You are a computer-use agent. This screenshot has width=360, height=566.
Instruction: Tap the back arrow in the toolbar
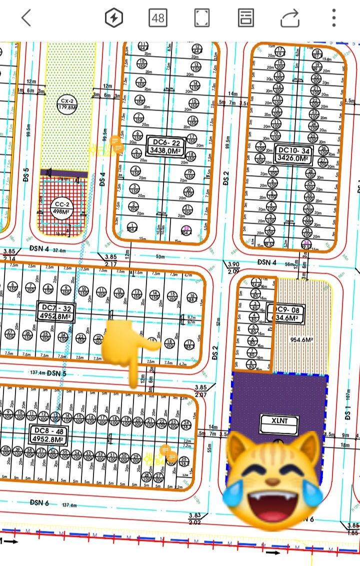coord(26,18)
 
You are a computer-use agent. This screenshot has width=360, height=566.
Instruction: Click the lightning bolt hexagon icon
coord(114,18)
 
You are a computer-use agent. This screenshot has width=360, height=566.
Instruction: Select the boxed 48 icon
coord(158,18)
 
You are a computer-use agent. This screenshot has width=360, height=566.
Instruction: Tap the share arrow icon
coord(289,18)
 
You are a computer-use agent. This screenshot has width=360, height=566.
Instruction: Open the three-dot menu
coord(333,18)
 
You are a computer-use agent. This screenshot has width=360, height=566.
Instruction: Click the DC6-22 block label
coord(163,147)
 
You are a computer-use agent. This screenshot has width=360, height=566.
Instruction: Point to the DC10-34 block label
coord(294,154)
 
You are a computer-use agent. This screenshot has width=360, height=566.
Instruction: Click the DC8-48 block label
coord(48,435)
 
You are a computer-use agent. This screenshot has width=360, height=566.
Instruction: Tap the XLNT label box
coord(278,424)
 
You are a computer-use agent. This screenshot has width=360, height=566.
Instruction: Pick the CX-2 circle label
coord(67,103)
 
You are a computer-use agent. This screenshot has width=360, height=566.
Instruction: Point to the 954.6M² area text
coord(301,340)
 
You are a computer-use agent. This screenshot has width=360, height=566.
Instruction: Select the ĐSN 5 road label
coord(56,373)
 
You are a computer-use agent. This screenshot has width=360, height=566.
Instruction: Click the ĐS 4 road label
coord(102,179)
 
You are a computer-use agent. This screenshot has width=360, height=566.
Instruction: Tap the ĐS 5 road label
coord(26,176)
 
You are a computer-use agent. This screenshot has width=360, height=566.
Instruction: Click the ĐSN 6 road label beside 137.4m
coord(39,502)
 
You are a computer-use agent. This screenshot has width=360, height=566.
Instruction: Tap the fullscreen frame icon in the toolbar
coord(201,18)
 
